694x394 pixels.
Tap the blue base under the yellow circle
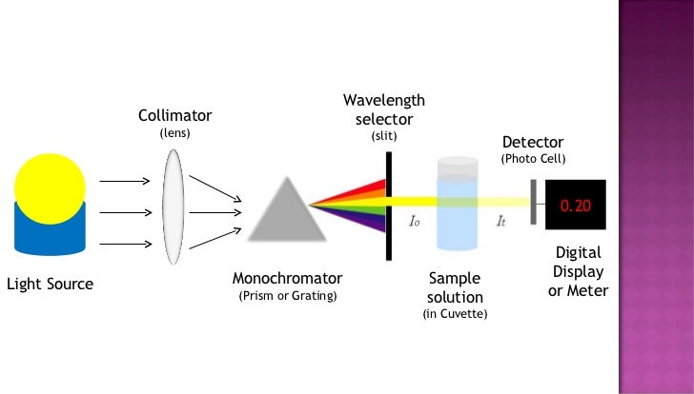[50, 240]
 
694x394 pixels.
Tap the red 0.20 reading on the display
[575, 206]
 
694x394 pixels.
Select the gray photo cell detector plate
[535, 202]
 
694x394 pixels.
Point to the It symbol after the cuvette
[501, 221]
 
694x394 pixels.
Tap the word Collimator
[174, 115]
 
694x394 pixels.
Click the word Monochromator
[287, 279]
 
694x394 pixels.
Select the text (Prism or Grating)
[287, 296]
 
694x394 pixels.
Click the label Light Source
[51, 284]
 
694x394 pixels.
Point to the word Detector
[533, 142]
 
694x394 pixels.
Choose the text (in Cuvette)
[455, 313]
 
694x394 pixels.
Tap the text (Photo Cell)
[533, 158]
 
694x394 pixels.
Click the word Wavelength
[384, 101]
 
